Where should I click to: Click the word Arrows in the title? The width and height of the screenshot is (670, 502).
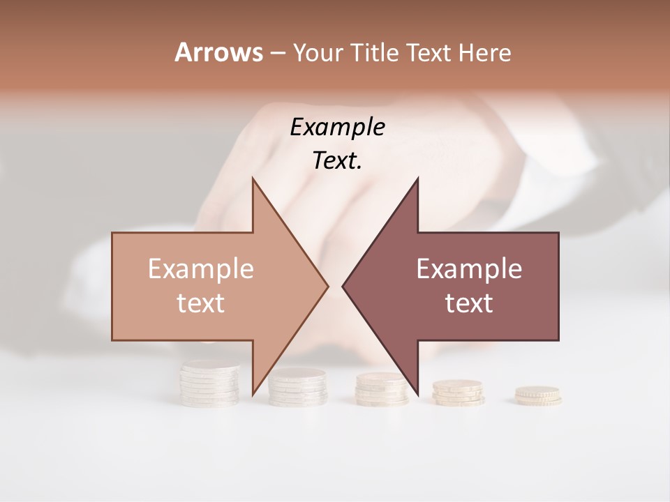pos(218,52)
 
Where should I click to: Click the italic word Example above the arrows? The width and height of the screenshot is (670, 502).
pos(337,128)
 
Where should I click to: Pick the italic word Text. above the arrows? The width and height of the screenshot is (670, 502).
pos(337,161)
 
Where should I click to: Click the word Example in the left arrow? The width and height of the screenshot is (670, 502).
pos(200,269)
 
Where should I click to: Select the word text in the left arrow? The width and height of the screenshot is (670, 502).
pos(200,303)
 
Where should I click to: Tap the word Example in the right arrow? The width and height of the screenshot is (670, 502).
pos(469,269)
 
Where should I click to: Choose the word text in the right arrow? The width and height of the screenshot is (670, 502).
pos(469,303)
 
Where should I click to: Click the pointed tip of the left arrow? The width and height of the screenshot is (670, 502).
pos(328,286)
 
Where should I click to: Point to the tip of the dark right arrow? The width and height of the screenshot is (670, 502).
pos(343,286)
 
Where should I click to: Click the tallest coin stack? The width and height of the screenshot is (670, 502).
pos(209,383)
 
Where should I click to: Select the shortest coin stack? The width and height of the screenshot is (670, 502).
pos(538,396)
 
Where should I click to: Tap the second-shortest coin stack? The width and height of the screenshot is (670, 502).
pos(458,392)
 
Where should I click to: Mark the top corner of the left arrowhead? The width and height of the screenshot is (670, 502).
pos(253,178)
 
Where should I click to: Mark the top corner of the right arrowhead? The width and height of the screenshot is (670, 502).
pos(417,178)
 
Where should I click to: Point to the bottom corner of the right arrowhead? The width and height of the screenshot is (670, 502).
pos(417,393)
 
